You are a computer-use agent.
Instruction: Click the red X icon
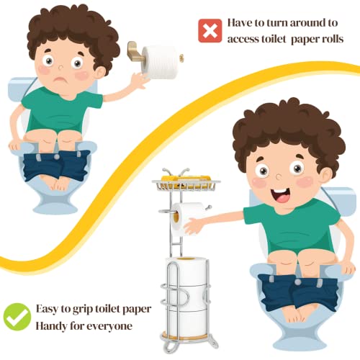click(x=210, y=31)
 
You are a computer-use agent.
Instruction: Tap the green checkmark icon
click(x=17, y=317)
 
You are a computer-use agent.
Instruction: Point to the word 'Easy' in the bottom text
click(x=47, y=309)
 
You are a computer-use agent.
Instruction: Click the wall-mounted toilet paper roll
click(x=161, y=63)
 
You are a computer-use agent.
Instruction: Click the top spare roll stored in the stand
click(x=186, y=271)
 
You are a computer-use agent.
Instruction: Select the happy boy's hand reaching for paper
click(x=194, y=226)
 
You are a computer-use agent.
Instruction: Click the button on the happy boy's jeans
click(x=298, y=282)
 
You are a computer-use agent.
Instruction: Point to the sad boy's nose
click(x=60, y=67)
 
